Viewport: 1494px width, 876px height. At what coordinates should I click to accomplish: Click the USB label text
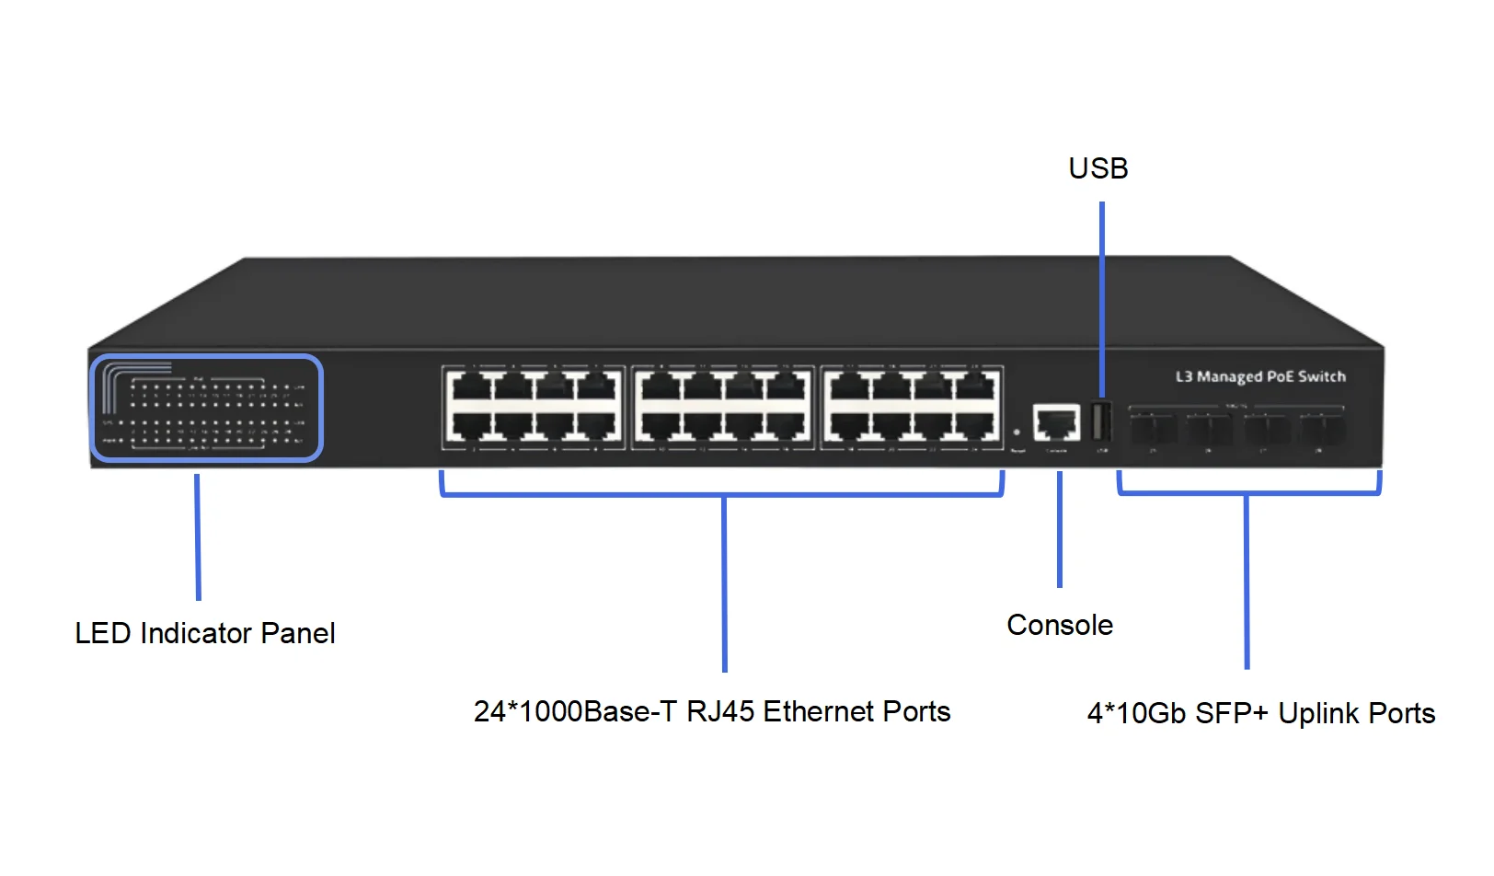[1098, 168]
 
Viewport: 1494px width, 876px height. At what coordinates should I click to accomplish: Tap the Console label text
[1060, 625]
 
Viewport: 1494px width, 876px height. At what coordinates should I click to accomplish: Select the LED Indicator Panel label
[205, 633]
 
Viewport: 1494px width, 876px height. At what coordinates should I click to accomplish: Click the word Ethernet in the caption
[817, 711]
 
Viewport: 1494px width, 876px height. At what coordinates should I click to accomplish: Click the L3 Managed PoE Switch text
[1260, 376]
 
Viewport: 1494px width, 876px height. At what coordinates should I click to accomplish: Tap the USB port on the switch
[1100, 422]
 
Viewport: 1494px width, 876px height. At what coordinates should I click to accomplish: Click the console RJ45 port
[1056, 422]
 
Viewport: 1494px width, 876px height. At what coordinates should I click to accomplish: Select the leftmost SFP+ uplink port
[1154, 428]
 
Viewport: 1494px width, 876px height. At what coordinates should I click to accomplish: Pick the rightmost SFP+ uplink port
[1323, 428]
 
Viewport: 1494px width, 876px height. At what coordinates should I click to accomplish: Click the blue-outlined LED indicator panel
[207, 408]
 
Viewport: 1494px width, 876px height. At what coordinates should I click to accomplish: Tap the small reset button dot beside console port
[1017, 432]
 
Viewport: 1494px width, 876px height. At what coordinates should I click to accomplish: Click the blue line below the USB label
[1102, 294]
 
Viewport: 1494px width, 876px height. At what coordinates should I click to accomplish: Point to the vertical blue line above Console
[1060, 529]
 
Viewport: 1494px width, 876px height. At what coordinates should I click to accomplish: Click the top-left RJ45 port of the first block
[465, 386]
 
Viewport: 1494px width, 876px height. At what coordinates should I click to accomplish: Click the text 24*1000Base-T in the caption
[575, 711]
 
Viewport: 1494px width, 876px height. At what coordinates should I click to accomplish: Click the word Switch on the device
[1322, 376]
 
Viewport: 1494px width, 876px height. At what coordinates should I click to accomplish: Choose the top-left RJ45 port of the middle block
[656, 386]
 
